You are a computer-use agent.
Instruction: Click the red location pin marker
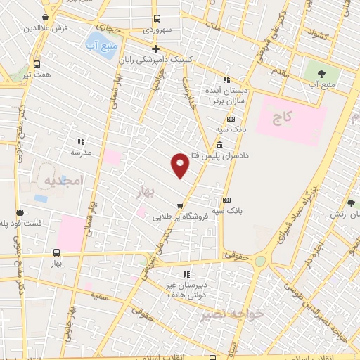181,165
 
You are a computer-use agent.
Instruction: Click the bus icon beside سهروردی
157,19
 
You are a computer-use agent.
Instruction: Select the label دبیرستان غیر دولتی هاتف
186,290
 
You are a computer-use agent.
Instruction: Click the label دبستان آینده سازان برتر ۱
226,96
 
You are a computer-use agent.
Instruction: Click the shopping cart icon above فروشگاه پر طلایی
181,206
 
